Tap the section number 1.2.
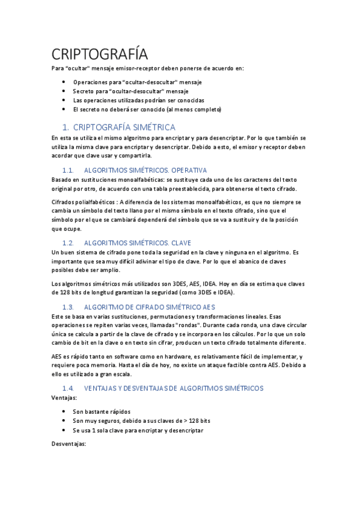(x=68, y=242)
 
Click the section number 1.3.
(x=68, y=306)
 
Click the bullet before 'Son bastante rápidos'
(x=64, y=411)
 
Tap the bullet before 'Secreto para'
(x=64, y=91)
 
